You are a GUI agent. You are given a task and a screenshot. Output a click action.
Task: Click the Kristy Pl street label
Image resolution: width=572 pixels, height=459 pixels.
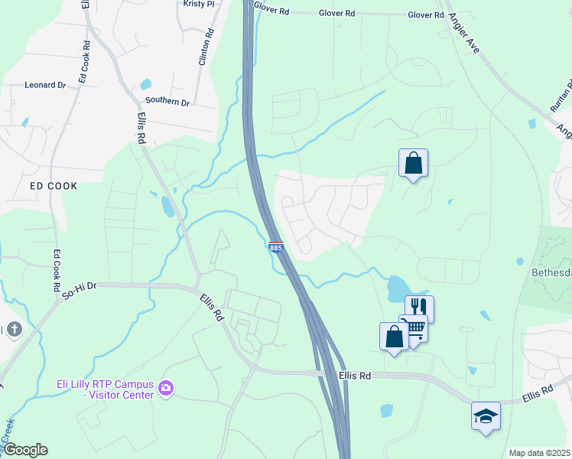200,4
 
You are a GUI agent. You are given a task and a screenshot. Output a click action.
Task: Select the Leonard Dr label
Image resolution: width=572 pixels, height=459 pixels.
45,85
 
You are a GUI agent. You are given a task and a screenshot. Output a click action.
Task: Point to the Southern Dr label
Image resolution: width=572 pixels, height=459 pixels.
167,102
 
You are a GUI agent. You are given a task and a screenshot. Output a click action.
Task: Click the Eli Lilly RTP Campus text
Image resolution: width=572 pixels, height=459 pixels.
106,385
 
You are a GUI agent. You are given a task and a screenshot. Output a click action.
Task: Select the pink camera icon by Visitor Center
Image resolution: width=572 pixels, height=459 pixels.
165,389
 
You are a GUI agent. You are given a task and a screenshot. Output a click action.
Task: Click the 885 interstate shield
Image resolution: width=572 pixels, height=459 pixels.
276,247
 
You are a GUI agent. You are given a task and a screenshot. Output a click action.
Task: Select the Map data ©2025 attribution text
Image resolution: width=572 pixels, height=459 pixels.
539,453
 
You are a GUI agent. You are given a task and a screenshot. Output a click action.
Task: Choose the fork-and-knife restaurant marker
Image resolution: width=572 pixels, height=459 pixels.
419,308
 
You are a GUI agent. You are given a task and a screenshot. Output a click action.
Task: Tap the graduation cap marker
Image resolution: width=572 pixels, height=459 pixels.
486,415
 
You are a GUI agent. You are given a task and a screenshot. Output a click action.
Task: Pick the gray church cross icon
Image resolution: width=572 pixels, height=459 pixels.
14,330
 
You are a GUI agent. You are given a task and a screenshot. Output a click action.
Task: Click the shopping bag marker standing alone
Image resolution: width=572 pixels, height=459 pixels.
413,163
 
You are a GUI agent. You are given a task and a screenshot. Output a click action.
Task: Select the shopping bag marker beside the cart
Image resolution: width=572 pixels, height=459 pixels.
394,337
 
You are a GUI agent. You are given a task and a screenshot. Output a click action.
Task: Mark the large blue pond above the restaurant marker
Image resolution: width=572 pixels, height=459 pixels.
398,288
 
